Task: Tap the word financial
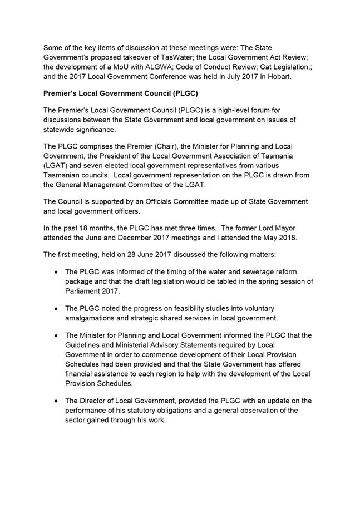[x=82, y=373]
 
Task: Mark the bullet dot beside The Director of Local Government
[x=57, y=401]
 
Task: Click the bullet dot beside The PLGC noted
[x=57, y=308]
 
